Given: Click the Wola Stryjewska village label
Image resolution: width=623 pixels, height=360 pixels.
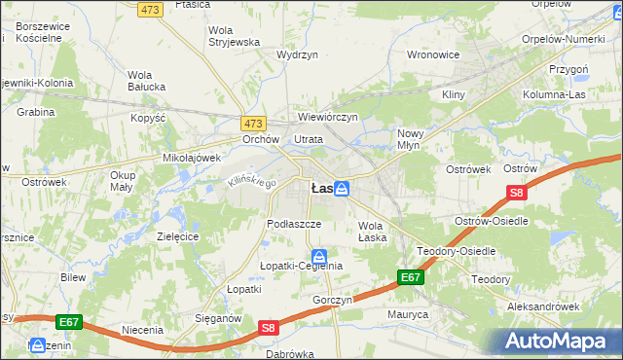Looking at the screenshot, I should click(x=233, y=36).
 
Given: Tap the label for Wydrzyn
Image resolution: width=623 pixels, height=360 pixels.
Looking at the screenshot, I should click(x=297, y=55).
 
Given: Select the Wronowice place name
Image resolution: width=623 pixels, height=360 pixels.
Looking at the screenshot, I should click(x=432, y=54).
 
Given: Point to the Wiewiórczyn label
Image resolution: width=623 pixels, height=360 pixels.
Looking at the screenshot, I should click(x=328, y=117).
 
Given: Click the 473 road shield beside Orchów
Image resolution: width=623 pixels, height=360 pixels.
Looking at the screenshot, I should click(x=253, y=124).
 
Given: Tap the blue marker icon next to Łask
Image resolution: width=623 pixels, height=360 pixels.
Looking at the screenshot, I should click(x=342, y=190).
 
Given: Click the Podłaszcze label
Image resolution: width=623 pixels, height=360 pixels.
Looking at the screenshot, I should click(x=294, y=223).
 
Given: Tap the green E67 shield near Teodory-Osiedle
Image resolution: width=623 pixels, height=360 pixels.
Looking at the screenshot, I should click(x=411, y=278).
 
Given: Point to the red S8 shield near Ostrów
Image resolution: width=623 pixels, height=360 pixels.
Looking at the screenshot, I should click(x=517, y=194).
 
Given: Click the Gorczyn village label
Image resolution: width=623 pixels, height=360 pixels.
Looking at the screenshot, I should click(x=332, y=300).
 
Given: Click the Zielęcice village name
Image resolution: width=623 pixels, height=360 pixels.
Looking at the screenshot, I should click(x=178, y=236).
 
